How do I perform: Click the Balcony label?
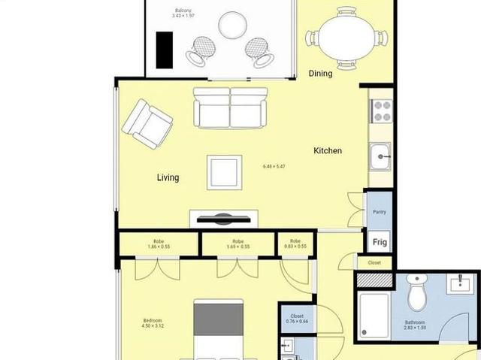[x=183, y=10]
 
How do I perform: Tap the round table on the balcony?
[x=232, y=26]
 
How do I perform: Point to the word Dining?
[x=321, y=74]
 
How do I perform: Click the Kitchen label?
[x=327, y=151]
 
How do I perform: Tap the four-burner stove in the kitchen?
[x=382, y=111]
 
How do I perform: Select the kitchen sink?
[x=381, y=159]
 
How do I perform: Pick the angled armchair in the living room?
[x=147, y=123]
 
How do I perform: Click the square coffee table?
[x=225, y=171]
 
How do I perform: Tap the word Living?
[x=168, y=178]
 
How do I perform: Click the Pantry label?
[x=380, y=212]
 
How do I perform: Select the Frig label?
[x=380, y=243]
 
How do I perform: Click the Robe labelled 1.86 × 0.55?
[x=159, y=244]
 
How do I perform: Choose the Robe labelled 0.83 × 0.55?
[x=296, y=244]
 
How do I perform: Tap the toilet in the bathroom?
[x=416, y=292]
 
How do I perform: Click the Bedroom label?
[x=153, y=322]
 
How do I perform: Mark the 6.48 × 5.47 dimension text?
[x=274, y=166]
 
